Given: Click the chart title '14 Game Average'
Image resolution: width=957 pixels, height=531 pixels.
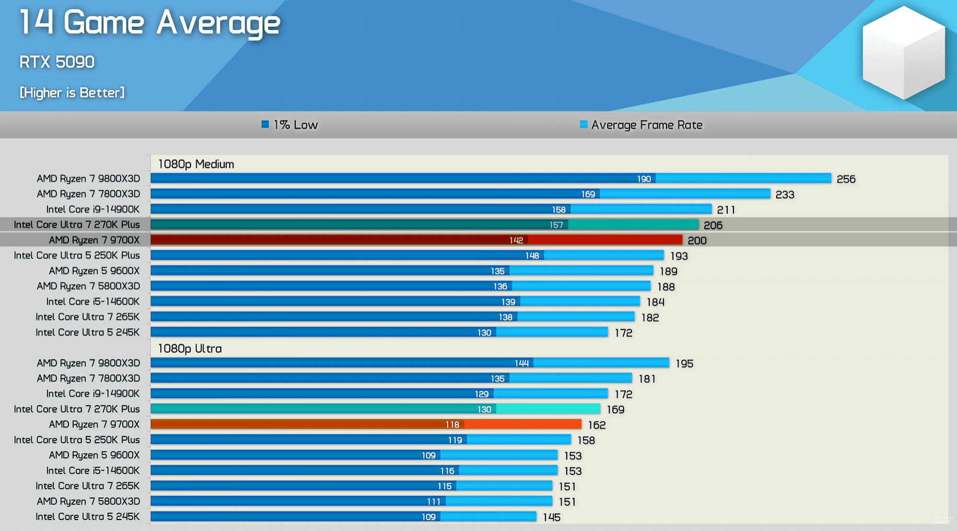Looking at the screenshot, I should coord(150,23).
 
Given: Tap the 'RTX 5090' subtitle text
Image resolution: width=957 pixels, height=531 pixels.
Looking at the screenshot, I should coord(57,62).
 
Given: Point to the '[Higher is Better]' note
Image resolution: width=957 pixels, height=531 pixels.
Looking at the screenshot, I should coord(72,93).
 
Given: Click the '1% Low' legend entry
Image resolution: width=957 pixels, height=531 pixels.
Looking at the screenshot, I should coord(290,125).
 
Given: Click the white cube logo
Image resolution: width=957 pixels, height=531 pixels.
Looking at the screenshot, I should coord(903,52).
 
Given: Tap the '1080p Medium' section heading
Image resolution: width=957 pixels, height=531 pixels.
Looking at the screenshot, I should coord(196,164).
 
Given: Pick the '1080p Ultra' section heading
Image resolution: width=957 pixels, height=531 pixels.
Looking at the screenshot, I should coord(190,349).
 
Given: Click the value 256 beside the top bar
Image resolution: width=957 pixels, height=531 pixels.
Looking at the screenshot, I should coord(846,179).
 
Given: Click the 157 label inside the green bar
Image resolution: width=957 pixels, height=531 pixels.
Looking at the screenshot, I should coord(556,225).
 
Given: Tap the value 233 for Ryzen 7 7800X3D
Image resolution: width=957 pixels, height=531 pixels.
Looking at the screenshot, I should coord(785,194).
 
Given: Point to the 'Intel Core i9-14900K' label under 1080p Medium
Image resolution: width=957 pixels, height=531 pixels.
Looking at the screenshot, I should coord(93,210).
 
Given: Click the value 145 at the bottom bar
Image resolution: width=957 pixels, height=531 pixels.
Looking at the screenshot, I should coord(552,517).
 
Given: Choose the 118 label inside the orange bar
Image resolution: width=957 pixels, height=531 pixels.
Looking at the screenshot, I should coord(452,425).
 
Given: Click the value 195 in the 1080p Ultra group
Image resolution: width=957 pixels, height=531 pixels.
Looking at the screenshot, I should coord(684,364).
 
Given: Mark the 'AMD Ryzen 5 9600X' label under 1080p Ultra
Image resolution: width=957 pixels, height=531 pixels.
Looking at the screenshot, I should coord(94,455).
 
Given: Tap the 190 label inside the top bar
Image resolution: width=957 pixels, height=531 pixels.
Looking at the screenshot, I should coord(644,179).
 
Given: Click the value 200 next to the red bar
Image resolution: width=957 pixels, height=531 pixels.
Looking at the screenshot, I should coord(697,240).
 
